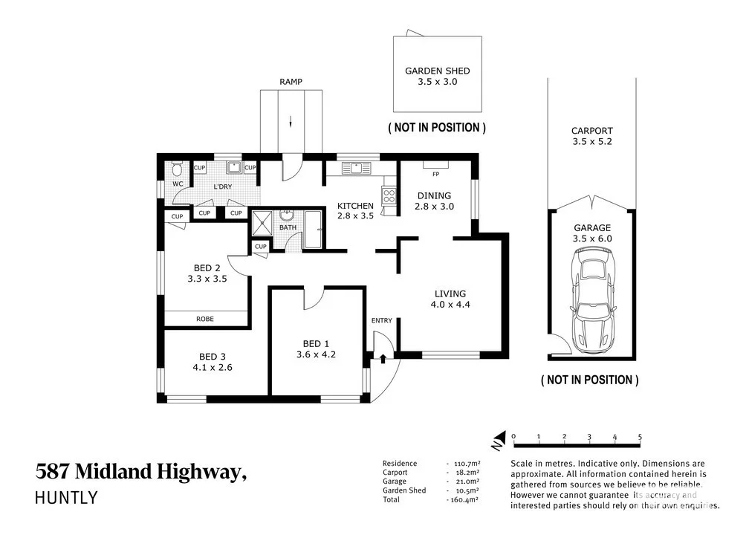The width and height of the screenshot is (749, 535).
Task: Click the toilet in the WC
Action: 177,168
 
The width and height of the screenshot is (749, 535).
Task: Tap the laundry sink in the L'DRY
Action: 234,167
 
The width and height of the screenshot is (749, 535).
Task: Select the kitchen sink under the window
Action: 357,168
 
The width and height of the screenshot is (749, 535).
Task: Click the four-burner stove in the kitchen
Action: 389,196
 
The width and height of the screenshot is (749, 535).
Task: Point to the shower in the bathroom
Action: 262,223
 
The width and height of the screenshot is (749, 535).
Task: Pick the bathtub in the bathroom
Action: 313,230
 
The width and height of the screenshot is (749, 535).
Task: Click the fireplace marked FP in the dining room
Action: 435,165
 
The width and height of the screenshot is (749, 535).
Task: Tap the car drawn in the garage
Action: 591,302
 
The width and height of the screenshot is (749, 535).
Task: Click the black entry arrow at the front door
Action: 383,358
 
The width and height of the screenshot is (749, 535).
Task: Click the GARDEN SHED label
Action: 437,71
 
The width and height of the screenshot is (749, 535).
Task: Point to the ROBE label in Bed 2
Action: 205,319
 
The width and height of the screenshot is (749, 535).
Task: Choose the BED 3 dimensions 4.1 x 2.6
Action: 213,367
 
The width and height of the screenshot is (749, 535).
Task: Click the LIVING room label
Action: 450,294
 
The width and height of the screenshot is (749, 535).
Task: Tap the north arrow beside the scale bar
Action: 499,441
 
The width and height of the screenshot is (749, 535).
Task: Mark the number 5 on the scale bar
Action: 640,437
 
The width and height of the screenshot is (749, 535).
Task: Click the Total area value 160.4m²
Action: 463,500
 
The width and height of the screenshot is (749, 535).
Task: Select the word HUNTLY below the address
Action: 66,498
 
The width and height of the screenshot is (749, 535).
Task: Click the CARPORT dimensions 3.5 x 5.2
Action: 591,141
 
